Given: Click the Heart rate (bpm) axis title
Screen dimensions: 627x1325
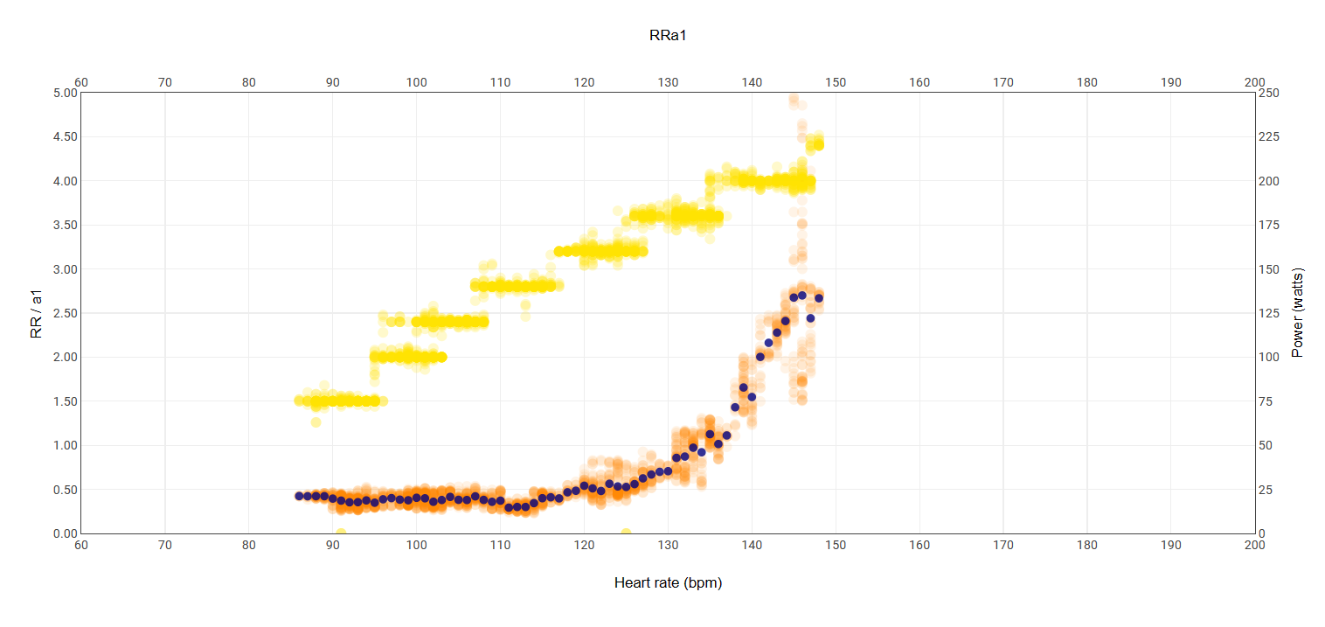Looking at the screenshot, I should [668, 582].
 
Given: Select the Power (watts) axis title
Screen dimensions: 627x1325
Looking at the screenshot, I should [1297, 312].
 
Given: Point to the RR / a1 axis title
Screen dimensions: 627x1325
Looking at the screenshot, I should [36, 312].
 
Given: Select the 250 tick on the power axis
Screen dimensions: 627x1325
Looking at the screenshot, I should [1270, 93].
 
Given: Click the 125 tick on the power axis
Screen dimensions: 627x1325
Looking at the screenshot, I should [1270, 313].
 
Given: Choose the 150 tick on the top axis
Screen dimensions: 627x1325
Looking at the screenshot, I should [836, 82].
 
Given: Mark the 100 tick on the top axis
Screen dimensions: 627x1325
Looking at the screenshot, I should [416, 82].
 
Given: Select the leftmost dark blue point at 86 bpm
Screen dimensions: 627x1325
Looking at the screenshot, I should [299, 496].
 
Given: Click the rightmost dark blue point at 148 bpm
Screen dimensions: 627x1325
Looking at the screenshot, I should [819, 298].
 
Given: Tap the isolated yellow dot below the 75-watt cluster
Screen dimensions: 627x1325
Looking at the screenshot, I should [316, 422].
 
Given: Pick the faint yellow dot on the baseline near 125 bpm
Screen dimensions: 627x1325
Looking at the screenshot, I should [626, 533].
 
